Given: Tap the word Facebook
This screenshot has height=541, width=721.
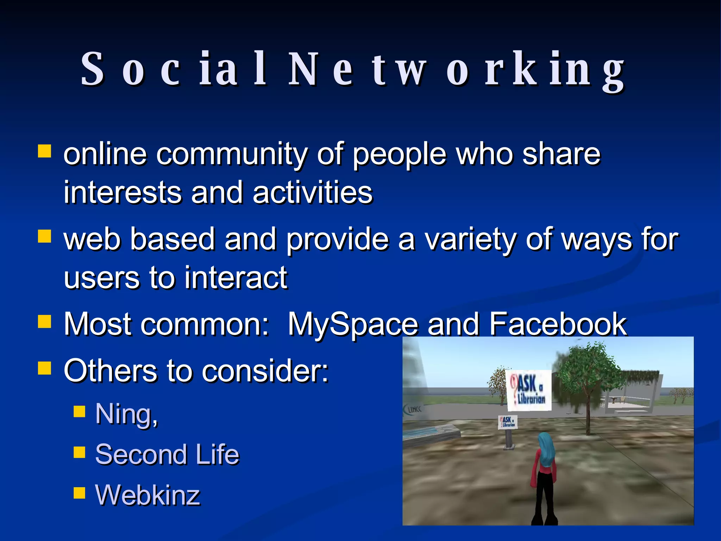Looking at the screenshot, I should point(558,324).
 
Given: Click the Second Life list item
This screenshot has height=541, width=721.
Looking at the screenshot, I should point(167,454).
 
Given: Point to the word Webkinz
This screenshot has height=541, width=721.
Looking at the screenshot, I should point(148,495).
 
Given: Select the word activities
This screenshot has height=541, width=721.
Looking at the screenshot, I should point(313,193).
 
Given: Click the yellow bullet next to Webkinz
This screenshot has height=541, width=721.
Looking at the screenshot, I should point(80,493).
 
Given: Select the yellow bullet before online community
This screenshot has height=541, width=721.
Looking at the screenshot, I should point(45,151).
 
